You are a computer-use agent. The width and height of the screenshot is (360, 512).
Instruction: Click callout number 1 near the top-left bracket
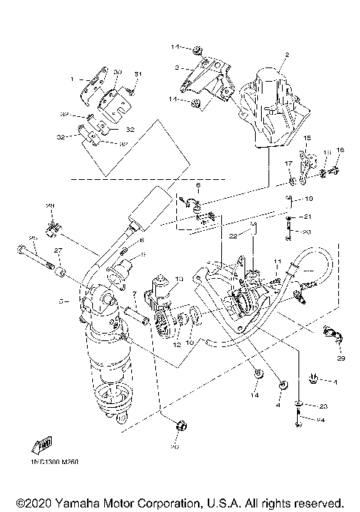click(x=73, y=79)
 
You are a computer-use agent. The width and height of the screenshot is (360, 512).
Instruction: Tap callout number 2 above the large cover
click(x=286, y=56)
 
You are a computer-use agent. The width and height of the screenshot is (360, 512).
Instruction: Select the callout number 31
click(x=138, y=73)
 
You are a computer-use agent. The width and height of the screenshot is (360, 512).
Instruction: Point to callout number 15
click(x=307, y=139)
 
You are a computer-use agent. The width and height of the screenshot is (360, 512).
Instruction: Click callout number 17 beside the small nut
click(x=286, y=163)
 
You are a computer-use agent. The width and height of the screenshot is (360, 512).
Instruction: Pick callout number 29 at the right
click(x=340, y=360)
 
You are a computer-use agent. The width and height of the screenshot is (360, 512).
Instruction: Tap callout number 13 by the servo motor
click(x=178, y=279)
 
